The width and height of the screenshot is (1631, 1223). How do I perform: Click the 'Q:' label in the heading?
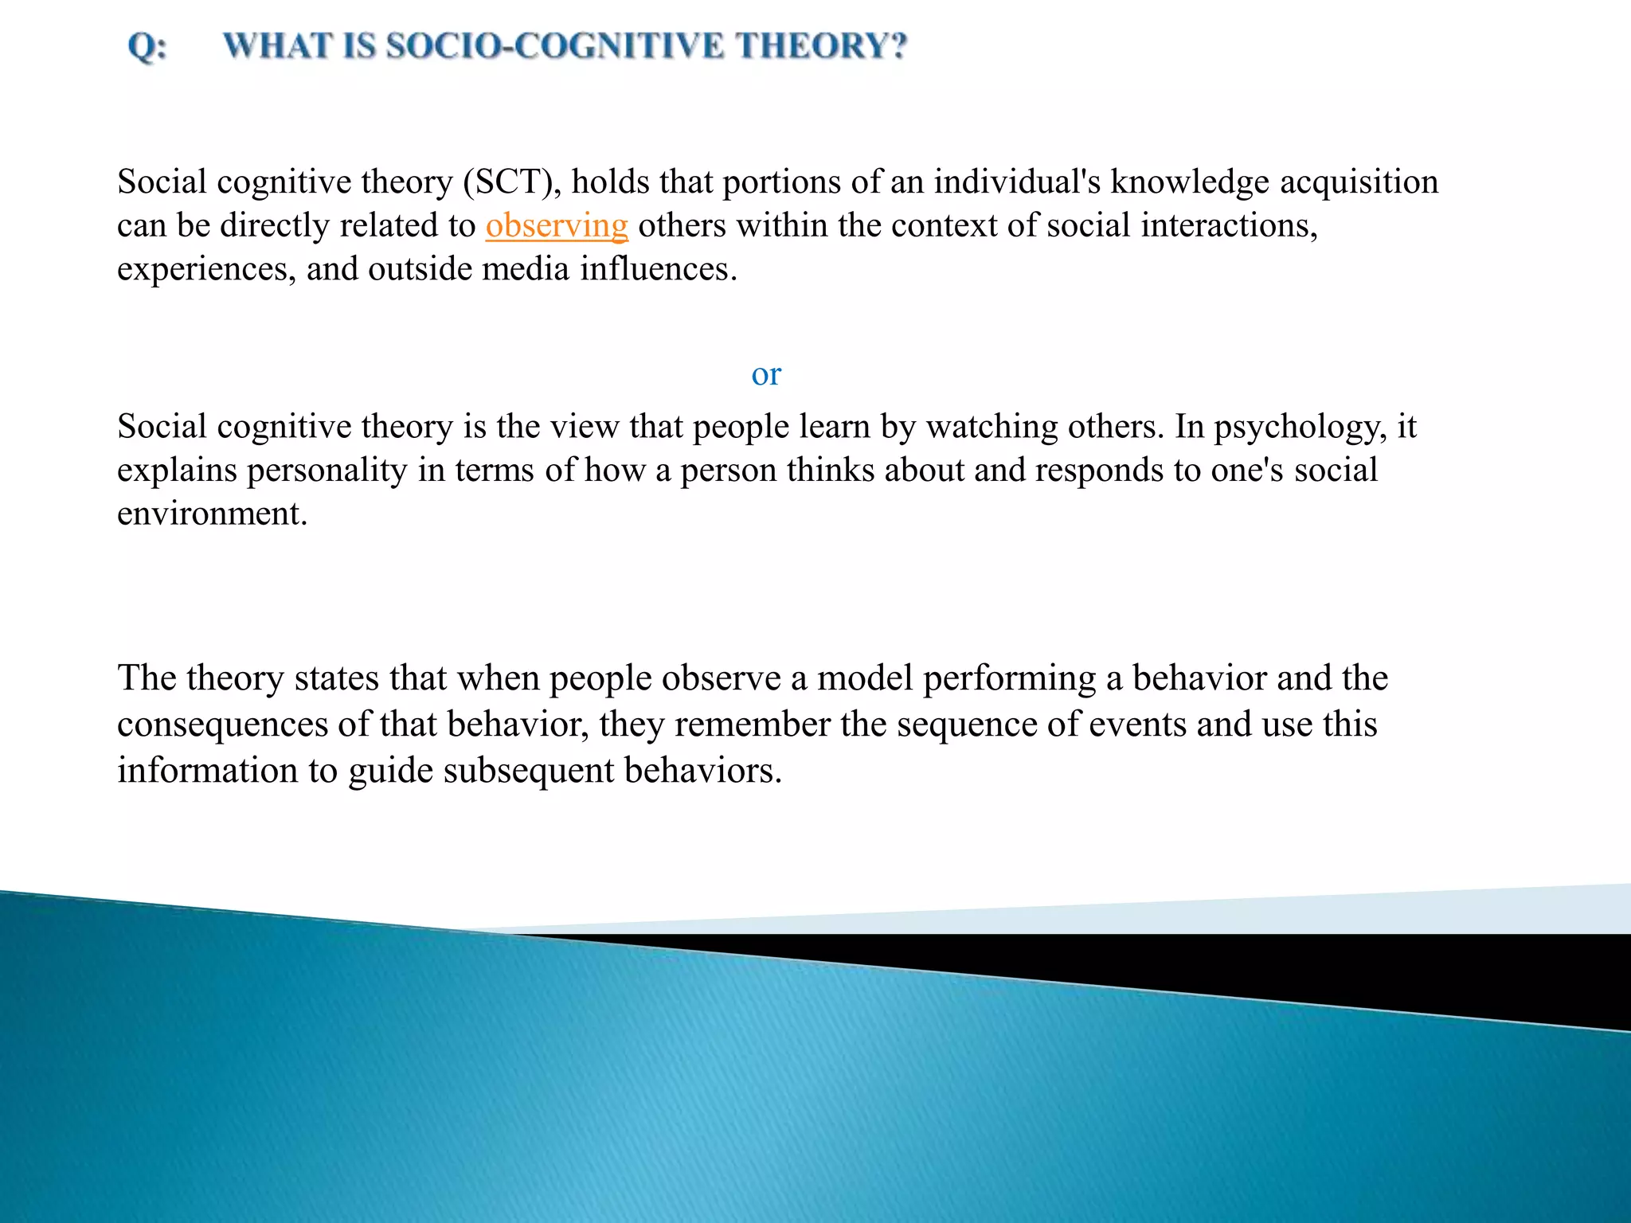[x=147, y=46]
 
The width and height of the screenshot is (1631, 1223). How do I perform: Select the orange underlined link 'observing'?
[x=557, y=226]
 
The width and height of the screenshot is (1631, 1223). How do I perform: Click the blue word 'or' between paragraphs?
[x=766, y=374]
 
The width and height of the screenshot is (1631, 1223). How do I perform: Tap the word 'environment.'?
[x=212, y=514]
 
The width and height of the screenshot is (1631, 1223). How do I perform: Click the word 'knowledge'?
[x=1190, y=182]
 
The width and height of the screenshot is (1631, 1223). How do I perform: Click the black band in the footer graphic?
[x=1354, y=967]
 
